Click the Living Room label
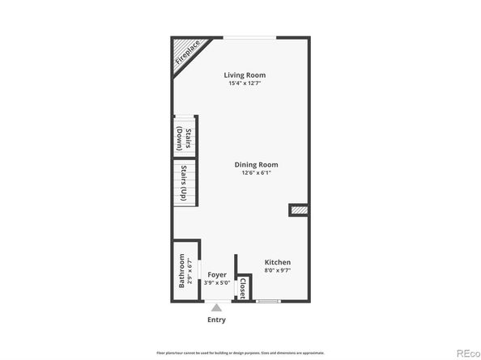pyautogui.click(x=245, y=75)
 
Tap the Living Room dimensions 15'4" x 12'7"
pyautogui.click(x=245, y=83)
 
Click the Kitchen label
pyautogui.click(x=278, y=262)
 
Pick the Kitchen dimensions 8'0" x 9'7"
pyautogui.click(x=278, y=270)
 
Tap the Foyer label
pyautogui.click(x=216, y=275)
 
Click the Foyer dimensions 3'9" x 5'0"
pyautogui.click(x=216, y=283)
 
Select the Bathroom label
pyautogui.click(x=182, y=272)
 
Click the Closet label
pyautogui.click(x=242, y=288)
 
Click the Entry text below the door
pyautogui.click(x=216, y=319)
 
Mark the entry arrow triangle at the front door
pyautogui.click(x=216, y=307)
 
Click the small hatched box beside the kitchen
pyautogui.click(x=299, y=210)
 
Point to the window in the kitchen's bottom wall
pyautogui.click(x=268, y=301)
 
